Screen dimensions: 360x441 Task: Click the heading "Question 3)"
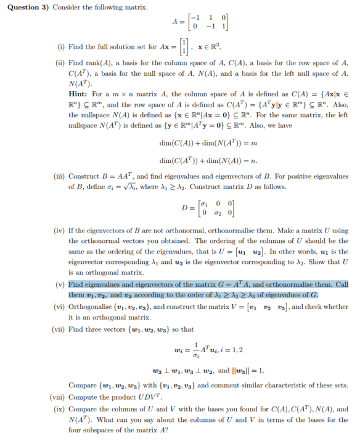pos(27,7)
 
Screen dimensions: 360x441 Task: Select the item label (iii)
pos(59,177)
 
